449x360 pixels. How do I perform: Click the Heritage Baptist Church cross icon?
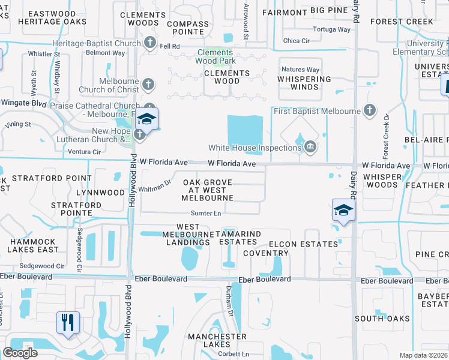point(150,43)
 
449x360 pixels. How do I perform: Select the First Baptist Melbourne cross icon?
point(370,110)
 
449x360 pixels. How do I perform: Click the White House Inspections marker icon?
point(310,146)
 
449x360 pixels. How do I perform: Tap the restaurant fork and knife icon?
point(67,323)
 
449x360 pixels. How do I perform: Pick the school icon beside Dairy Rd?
point(343,211)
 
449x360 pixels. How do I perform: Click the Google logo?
point(20,353)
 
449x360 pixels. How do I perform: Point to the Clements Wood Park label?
point(216,56)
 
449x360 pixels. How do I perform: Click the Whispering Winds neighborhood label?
point(304,83)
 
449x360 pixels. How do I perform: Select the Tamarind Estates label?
point(233,238)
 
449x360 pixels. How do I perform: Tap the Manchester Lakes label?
point(217,340)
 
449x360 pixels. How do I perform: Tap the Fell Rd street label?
point(170,46)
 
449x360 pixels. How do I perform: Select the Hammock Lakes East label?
point(33,245)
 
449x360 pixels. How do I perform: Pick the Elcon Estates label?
point(304,244)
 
